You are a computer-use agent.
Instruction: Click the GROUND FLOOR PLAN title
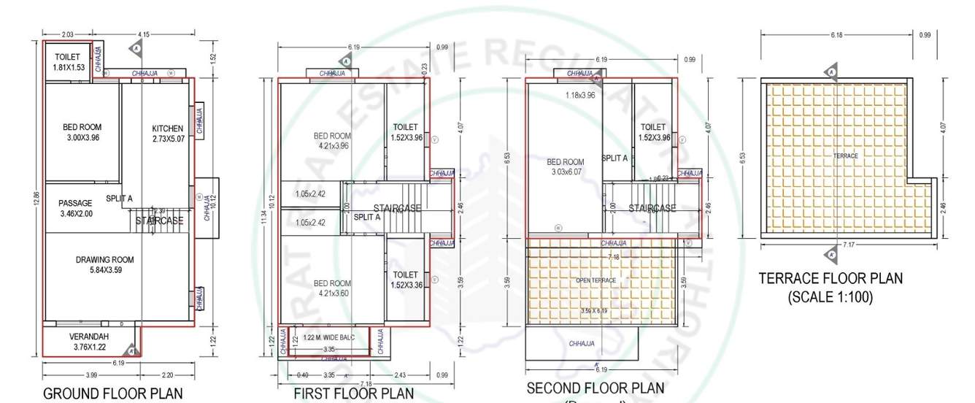[113, 394]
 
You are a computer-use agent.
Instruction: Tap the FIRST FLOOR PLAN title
[353, 394]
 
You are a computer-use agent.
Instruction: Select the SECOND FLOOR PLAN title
[596, 388]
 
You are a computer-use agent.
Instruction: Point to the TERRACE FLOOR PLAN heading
[831, 278]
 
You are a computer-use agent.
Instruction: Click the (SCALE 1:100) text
[831, 297]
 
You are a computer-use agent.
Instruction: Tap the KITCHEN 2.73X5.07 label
[169, 134]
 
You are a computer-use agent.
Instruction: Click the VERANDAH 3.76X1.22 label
[89, 342]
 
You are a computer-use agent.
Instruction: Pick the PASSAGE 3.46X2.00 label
[75, 208]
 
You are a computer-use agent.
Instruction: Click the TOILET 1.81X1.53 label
[69, 62]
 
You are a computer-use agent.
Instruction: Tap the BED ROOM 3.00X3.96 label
[82, 132]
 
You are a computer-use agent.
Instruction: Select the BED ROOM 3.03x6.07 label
[566, 167]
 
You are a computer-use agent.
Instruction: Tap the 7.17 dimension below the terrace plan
[848, 245]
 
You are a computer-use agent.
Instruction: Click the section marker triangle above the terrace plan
[831, 72]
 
